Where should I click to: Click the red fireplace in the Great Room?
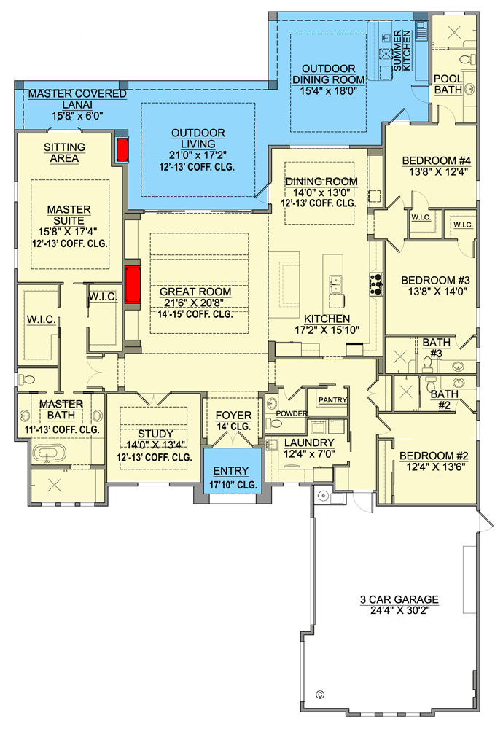(x=133, y=285)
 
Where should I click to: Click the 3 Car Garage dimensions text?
(x=399, y=612)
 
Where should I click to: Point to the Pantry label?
(x=332, y=400)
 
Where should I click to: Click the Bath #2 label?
(x=444, y=399)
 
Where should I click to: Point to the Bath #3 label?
(x=436, y=347)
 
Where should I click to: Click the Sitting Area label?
(x=64, y=152)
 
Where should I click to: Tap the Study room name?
(x=155, y=434)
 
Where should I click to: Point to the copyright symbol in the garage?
(x=319, y=694)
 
